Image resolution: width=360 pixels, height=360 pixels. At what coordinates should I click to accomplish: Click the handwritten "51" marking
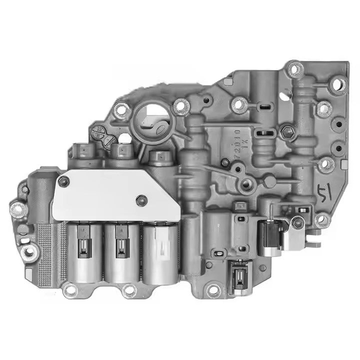click(324, 191)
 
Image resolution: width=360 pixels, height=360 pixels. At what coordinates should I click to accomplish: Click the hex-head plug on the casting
click(287, 132)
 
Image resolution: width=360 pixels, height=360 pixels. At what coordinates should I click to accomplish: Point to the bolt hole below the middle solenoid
click(129, 289)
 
